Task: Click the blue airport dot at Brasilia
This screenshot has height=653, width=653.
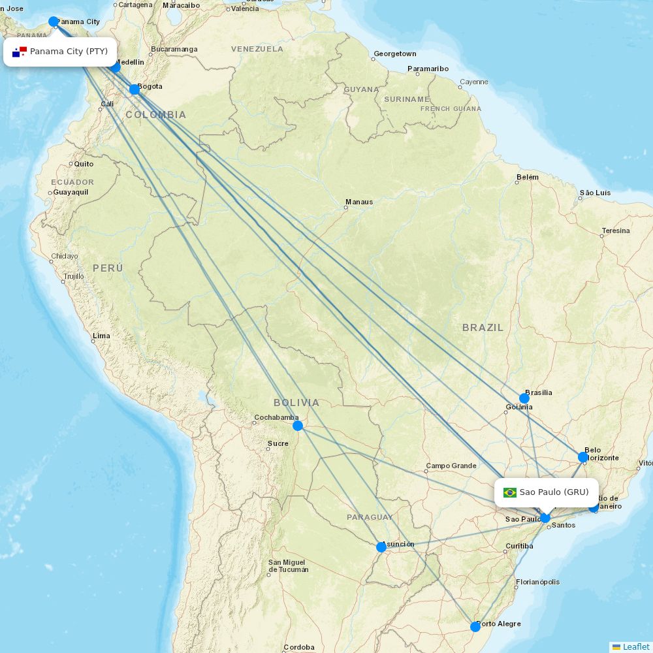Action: point(524,398)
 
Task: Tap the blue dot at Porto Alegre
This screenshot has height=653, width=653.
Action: point(475,627)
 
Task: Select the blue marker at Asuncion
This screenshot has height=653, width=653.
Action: point(381,547)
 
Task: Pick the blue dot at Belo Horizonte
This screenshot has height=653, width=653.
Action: point(583,457)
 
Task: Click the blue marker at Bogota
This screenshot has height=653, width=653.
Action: point(135,89)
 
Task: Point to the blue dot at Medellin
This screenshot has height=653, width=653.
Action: point(116,67)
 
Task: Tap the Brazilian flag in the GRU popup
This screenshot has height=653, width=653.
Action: point(510,492)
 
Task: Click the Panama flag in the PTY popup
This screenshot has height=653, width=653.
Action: point(20,52)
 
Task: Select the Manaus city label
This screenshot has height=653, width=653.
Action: point(359,202)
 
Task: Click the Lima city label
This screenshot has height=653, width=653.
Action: point(101,336)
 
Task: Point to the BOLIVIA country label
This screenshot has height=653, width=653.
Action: point(296,403)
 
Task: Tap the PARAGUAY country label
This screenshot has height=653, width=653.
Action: point(370,517)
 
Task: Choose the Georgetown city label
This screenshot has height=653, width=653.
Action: point(394,54)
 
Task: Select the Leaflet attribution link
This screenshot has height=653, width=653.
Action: point(635,646)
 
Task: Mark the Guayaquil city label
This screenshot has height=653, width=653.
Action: point(71,193)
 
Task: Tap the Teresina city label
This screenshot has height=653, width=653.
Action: point(616,231)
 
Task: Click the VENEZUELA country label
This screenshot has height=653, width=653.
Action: point(257,49)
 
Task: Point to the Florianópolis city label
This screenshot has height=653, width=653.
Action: point(537,582)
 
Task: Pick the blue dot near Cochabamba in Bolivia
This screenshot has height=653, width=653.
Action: point(298,426)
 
